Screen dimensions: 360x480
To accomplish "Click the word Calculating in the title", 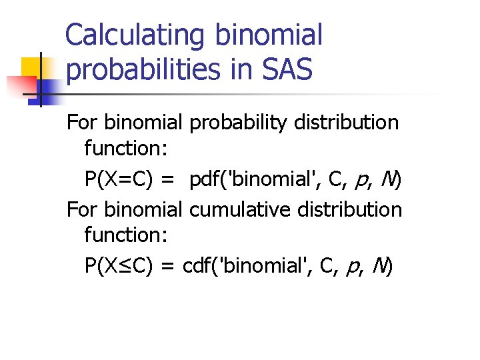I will (x=135, y=35).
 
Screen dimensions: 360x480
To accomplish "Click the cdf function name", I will (x=198, y=267).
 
